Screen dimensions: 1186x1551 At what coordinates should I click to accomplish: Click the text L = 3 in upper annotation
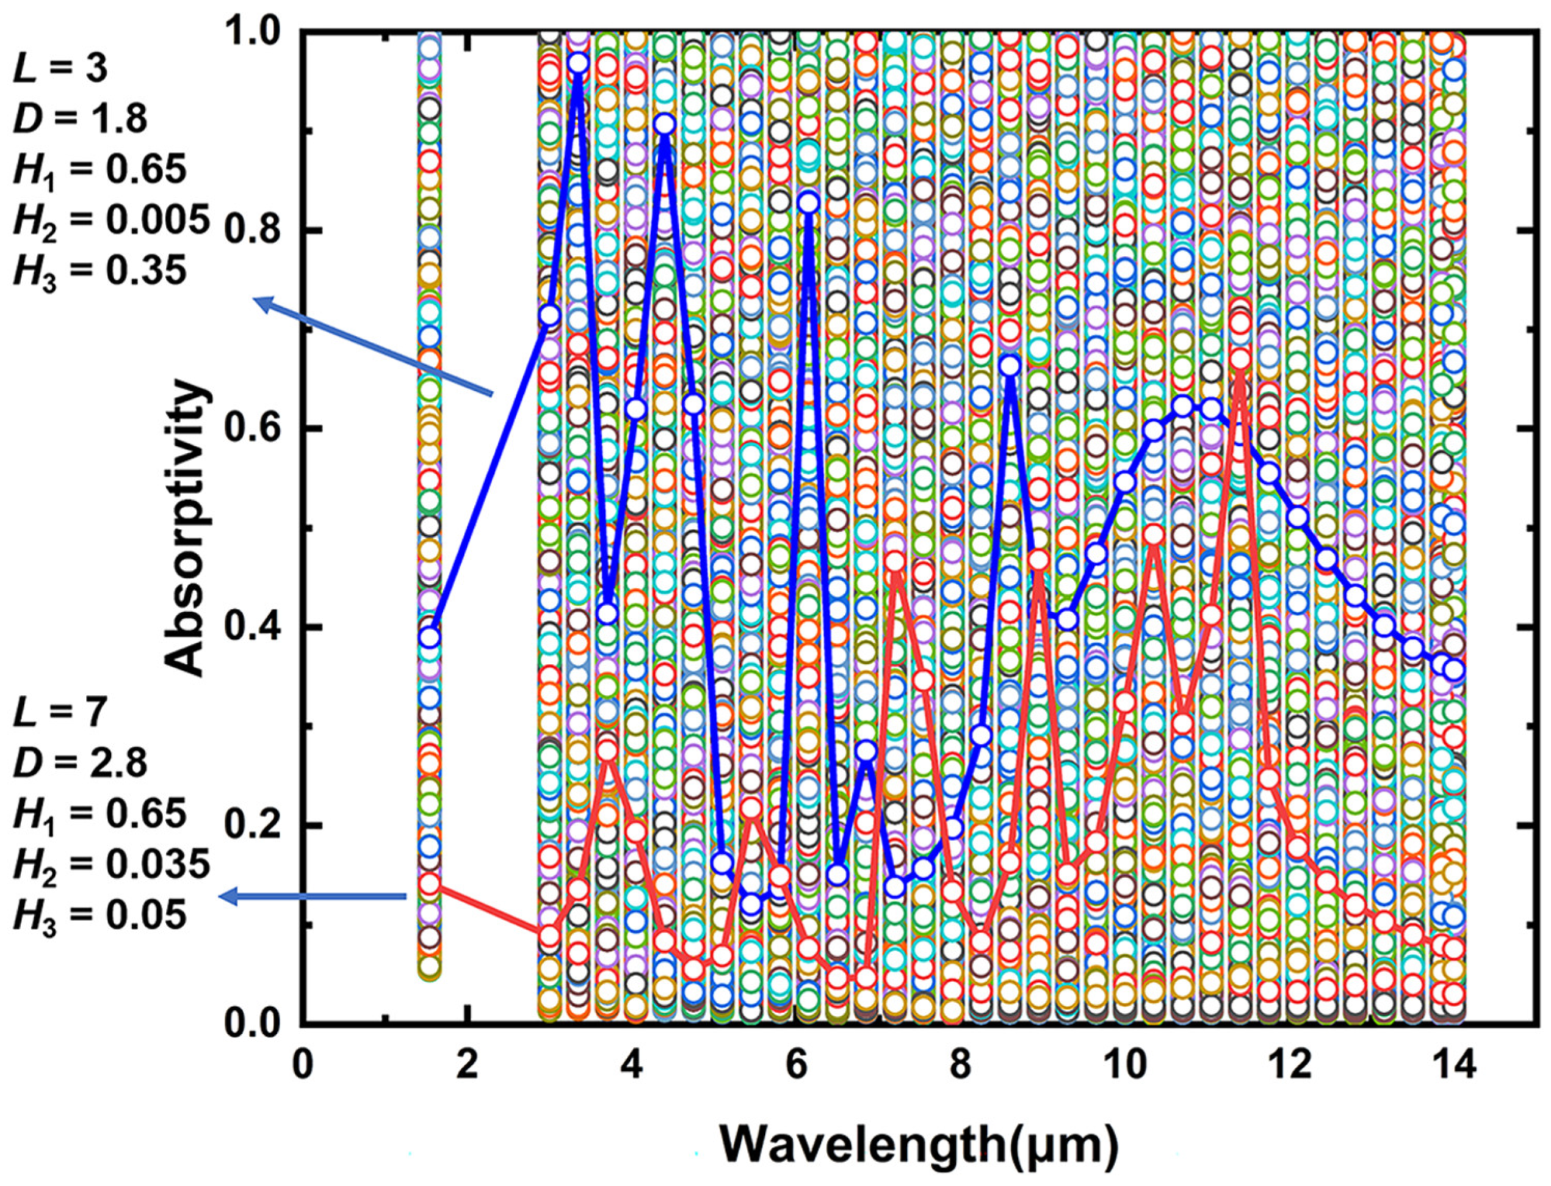coord(60,71)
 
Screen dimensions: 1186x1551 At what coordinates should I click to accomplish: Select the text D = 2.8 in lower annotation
coord(81,764)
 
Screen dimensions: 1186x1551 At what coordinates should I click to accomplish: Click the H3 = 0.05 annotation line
coord(100,915)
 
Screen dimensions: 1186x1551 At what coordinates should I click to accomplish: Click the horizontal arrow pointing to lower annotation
coord(314,897)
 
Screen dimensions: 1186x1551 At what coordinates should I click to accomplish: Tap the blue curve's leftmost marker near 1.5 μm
coord(429,637)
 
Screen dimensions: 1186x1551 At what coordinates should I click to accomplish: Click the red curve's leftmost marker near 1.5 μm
coord(429,883)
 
